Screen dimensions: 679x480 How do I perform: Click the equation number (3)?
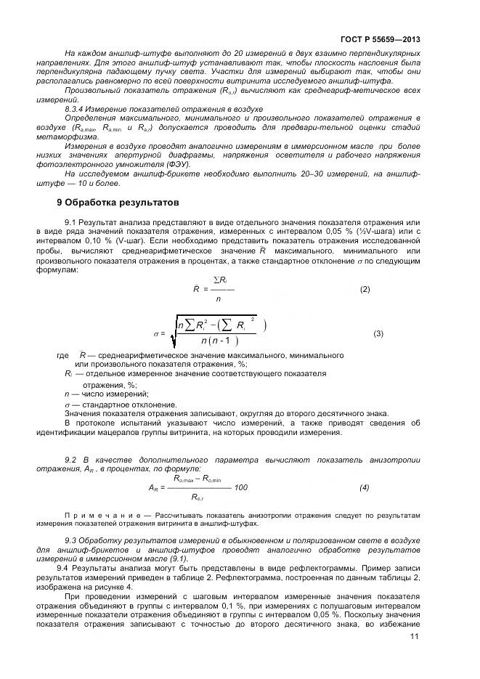(378, 333)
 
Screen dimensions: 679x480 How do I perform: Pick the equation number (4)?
(364, 487)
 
